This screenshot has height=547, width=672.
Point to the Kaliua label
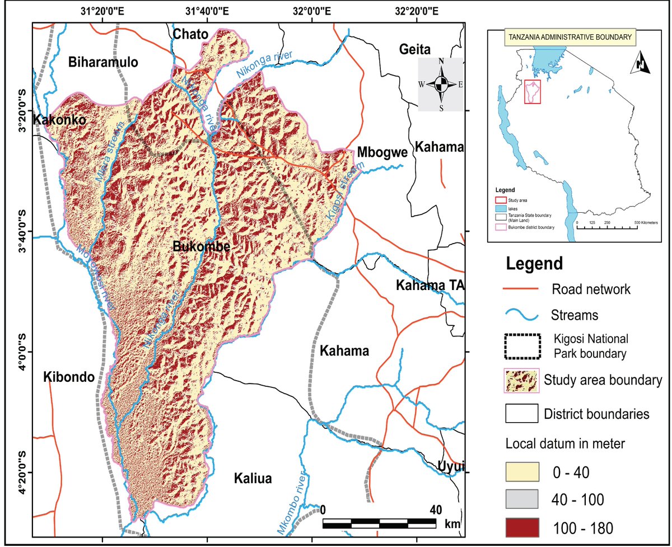pyautogui.click(x=253, y=479)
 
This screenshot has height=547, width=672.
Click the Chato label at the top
pyautogui.click(x=190, y=35)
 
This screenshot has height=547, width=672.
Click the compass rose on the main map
pyautogui.click(x=441, y=85)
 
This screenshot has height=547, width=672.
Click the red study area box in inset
pyautogui.click(x=534, y=92)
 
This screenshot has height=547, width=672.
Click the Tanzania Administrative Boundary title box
pyautogui.click(x=570, y=38)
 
